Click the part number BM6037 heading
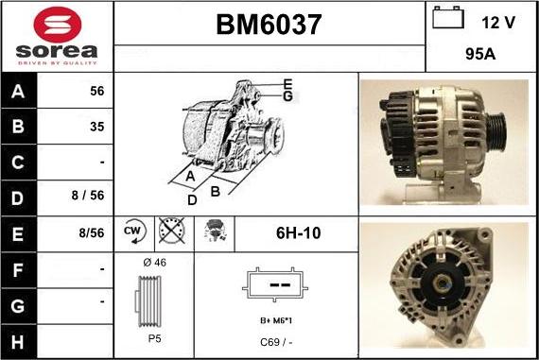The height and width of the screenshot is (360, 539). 269,25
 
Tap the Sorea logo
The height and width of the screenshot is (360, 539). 57,37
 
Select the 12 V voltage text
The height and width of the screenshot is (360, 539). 498,22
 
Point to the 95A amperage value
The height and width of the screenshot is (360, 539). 482,54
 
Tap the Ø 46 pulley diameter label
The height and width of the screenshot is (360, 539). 153,262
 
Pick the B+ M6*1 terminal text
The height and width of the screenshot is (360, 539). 275,321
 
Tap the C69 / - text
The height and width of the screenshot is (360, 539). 275,341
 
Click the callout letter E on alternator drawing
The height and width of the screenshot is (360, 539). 287,83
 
